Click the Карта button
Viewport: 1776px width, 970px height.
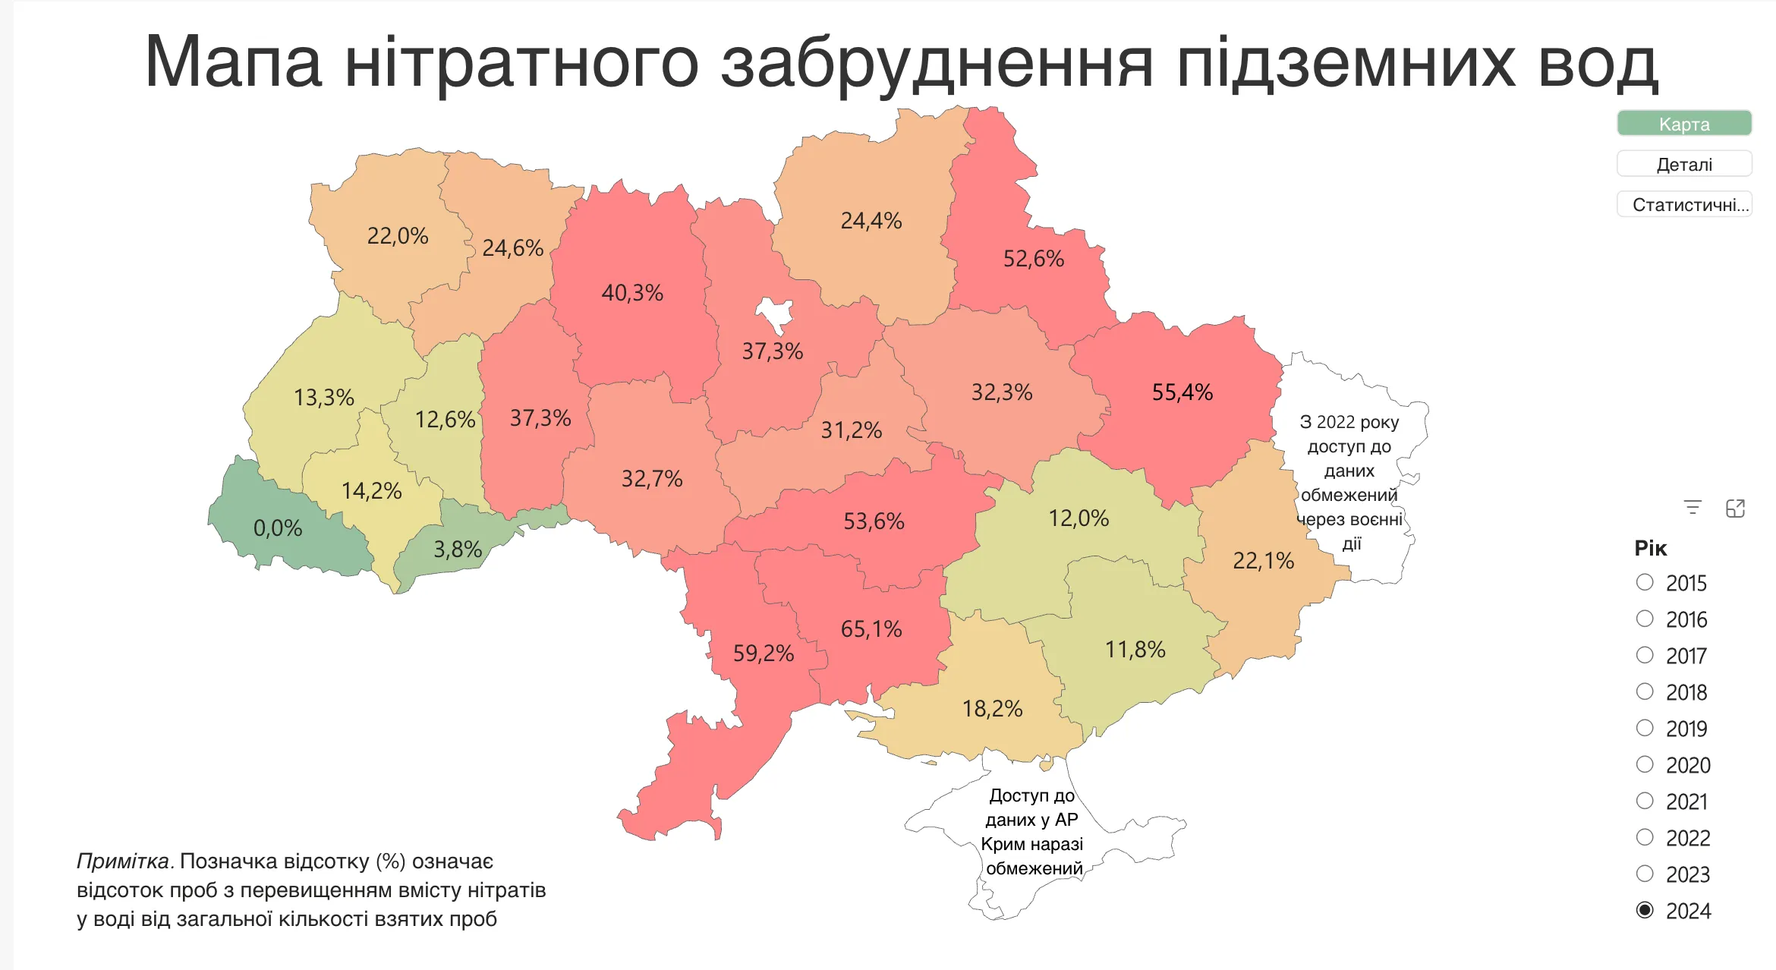(1683, 124)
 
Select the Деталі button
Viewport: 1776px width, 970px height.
(1683, 164)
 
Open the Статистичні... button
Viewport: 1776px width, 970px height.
(1683, 204)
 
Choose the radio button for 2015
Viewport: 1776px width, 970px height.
(1645, 582)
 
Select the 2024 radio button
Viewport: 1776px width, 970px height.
(1645, 910)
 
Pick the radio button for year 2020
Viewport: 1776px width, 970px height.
(1645, 764)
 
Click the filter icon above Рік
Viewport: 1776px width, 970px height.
(1693, 508)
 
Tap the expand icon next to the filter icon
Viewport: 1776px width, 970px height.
(1736, 508)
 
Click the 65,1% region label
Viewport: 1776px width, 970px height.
(871, 629)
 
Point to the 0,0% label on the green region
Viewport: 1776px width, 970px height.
(278, 528)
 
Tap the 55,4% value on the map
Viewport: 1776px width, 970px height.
(1182, 392)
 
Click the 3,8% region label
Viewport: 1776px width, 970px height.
(458, 550)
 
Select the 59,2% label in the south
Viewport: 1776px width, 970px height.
(763, 653)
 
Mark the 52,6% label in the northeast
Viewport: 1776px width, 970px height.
(1033, 259)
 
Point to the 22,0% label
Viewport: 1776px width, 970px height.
(398, 236)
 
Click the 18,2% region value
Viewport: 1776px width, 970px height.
(992, 709)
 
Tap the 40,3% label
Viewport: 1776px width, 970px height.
(632, 293)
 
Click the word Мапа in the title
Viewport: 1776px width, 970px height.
(233, 62)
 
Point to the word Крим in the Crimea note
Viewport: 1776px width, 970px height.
(1000, 844)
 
